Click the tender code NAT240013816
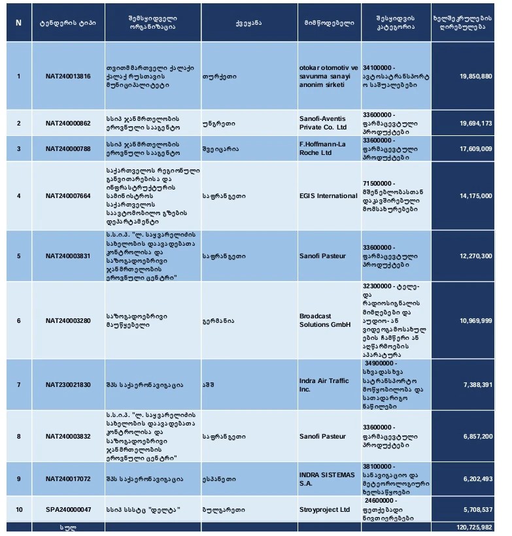tap(68, 76)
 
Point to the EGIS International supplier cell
tap(328, 195)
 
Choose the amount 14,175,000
tap(477, 195)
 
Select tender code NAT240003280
tap(68, 320)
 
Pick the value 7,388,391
tap(478, 385)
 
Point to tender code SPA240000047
tap(68, 509)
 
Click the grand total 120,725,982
tap(475, 527)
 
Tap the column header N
tap(18, 23)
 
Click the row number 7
tap(18, 385)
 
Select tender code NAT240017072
tap(68, 479)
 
